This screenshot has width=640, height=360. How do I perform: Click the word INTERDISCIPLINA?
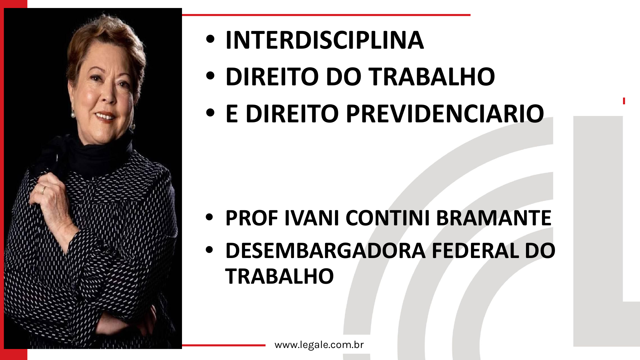tap(324, 40)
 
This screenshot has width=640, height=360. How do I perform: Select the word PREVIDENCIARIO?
tap(445, 114)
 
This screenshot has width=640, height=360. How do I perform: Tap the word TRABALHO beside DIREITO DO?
tap(431, 77)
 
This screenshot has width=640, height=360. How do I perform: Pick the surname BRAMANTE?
tap(494, 218)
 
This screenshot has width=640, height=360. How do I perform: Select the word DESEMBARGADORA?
tap(325, 251)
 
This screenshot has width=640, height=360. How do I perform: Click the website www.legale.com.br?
tap(319, 345)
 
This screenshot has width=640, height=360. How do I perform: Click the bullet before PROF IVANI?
tap(209, 218)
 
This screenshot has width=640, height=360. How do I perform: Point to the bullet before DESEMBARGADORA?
tap(209, 250)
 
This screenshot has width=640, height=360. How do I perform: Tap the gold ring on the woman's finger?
tap(43, 191)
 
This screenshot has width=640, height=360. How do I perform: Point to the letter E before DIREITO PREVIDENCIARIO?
tap(232, 114)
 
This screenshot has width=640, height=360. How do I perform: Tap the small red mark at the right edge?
tap(624, 101)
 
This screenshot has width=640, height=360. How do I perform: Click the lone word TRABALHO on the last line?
tap(279, 277)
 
